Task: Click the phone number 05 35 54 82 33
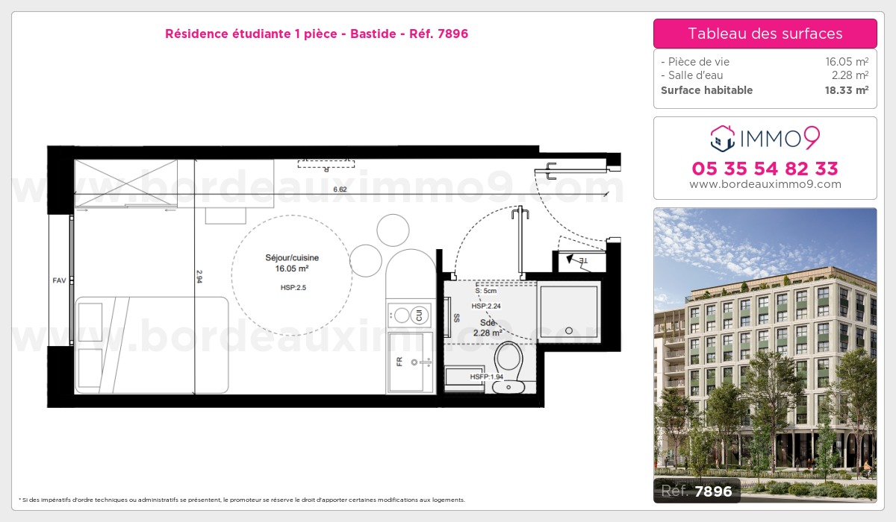click(x=765, y=169)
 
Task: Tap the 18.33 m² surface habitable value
click(x=847, y=90)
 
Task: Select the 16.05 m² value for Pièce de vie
click(x=847, y=61)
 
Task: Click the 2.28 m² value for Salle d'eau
click(x=850, y=75)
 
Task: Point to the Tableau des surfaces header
click(x=765, y=34)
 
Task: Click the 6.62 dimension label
click(x=340, y=189)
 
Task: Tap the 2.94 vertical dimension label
click(x=199, y=277)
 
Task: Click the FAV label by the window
click(x=59, y=280)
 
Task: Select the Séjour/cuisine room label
click(x=292, y=257)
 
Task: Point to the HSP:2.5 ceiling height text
click(x=293, y=288)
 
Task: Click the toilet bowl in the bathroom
click(x=508, y=357)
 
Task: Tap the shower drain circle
click(x=569, y=330)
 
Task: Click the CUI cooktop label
click(x=419, y=315)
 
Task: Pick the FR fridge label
click(x=399, y=362)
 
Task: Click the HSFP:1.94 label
click(x=486, y=377)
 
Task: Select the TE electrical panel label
click(x=583, y=261)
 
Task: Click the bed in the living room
click(x=152, y=345)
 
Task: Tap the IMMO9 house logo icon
click(x=723, y=139)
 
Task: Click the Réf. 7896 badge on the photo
click(x=697, y=491)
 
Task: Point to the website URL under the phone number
click(x=765, y=184)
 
